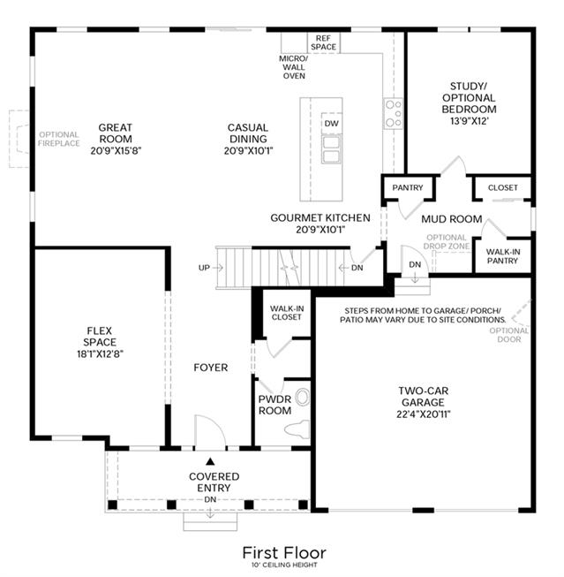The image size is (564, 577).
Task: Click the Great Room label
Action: pyautogui.click(x=116, y=133)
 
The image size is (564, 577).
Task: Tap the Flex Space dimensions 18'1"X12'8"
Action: pyautogui.click(x=100, y=354)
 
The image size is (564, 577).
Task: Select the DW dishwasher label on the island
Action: pyautogui.click(x=331, y=124)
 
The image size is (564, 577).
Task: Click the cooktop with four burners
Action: pyautogui.click(x=394, y=113)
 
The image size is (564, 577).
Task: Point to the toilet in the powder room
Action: pyautogui.click(x=297, y=429)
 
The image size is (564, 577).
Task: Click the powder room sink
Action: pyautogui.click(x=303, y=398)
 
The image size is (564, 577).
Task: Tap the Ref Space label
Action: pyautogui.click(x=323, y=42)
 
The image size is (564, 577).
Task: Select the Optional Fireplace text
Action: pyautogui.click(x=59, y=139)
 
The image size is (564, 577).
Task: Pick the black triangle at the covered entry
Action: pyautogui.click(x=210, y=461)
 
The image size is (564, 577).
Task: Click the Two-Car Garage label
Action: pyautogui.click(x=423, y=397)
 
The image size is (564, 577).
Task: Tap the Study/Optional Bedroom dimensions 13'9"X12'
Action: pyautogui.click(x=470, y=121)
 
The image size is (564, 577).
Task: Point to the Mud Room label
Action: pyautogui.click(x=452, y=219)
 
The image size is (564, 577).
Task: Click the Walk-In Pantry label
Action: pyautogui.click(x=502, y=256)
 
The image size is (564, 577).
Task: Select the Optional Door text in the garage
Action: pyautogui.click(x=509, y=335)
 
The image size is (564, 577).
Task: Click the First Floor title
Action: pyautogui.click(x=284, y=553)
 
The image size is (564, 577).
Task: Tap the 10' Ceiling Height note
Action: pyautogui.click(x=284, y=565)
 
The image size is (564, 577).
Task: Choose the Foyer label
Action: pyautogui.click(x=211, y=368)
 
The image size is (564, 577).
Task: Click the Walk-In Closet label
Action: pyautogui.click(x=287, y=313)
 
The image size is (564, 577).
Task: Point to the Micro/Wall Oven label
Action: pyautogui.click(x=294, y=67)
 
